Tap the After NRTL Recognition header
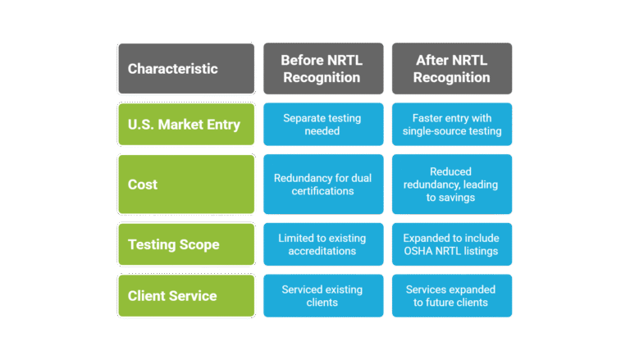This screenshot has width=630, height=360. tap(452, 69)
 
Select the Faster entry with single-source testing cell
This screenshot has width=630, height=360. tap(452, 125)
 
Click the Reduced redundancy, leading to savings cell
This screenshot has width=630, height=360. tap(452, 185)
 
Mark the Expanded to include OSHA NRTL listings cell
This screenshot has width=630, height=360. tap(452, 244)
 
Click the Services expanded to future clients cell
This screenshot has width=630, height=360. tap(452, 296)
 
